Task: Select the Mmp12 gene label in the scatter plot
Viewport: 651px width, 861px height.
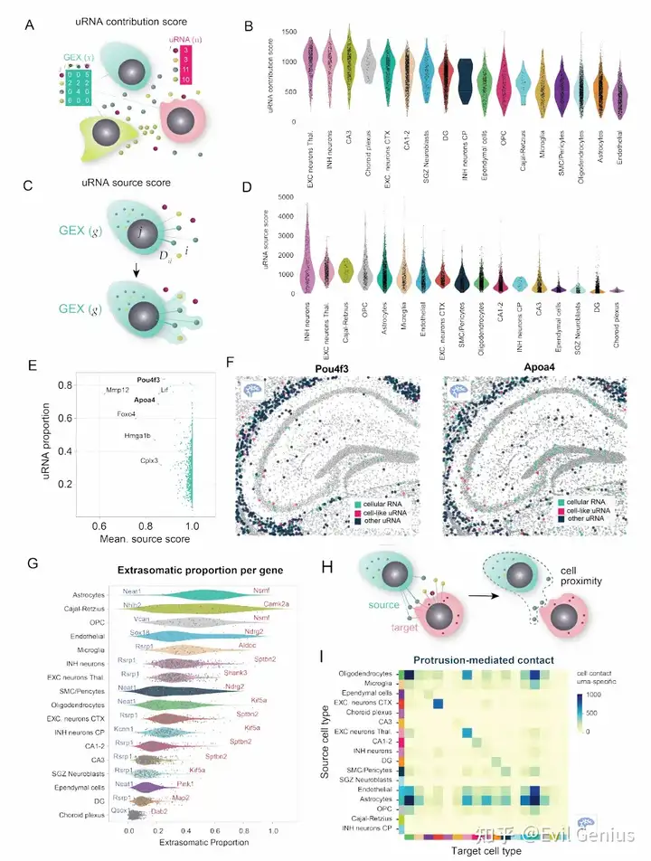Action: pos(118,390)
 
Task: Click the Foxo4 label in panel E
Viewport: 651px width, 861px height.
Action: pos(126,414)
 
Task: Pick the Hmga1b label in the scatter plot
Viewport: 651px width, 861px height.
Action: pos(138,436)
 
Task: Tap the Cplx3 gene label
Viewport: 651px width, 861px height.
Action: pos(149,460)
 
